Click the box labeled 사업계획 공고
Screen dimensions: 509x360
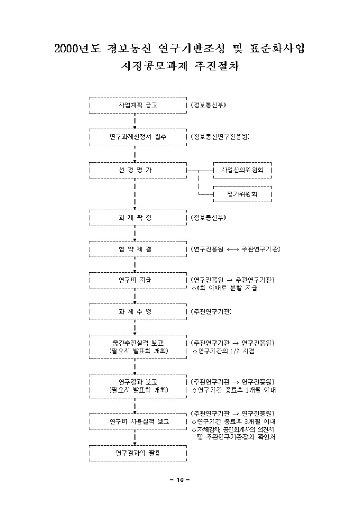point(138,105)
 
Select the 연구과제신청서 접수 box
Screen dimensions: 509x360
point(138,137)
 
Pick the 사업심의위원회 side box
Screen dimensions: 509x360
point(242,170)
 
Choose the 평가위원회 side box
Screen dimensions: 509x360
point(242,194)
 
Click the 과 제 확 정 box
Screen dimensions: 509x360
point(138,217)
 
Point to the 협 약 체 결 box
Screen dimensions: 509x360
point(138,249)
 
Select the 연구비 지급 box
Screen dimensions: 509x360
point(138,280)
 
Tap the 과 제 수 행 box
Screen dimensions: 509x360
point(138,312)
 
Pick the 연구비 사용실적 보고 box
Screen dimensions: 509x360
point(138,422)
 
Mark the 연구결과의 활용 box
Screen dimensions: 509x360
point(138,453)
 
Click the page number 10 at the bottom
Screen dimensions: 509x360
point(180,480)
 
